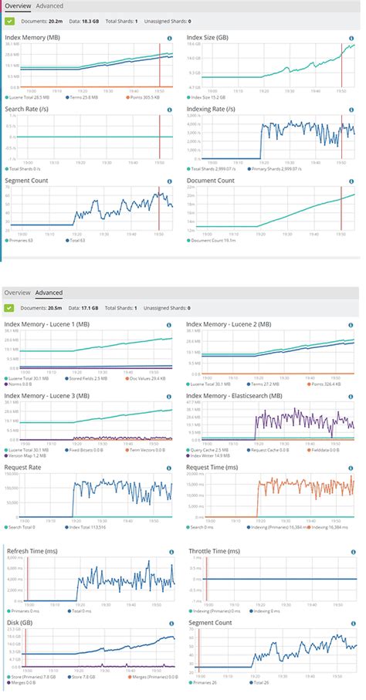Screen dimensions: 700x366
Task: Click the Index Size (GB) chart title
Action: click(208, 37)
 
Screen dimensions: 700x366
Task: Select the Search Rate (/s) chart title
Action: click(28, 109)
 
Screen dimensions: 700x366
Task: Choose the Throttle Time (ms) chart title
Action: click(215, 552)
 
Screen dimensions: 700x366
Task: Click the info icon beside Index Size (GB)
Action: click(351, 38)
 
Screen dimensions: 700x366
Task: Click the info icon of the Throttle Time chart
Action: click(351, 553)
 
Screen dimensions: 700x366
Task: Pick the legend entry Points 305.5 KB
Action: click(144, 97)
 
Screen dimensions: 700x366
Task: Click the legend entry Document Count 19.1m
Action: click(212, 241)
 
